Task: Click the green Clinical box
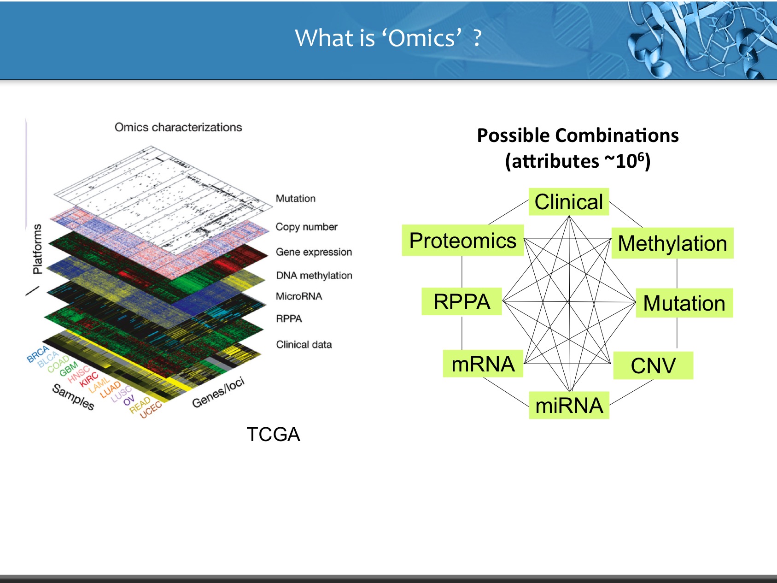[x=569, y=202]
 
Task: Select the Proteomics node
[x=463, y=240]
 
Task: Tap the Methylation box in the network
[x=672, y=243]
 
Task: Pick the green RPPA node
[x=462, y=301]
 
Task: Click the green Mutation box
[x=684, y=303]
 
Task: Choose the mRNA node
[x=483, y=364]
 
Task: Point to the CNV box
[x=653, y=365]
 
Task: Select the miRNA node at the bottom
[x=569, y=405]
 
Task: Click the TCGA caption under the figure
[x=273, y=434]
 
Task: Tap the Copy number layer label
[x=306, y=227]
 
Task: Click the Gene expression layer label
[x=314, y=252]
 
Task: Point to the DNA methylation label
[x=314, y=275]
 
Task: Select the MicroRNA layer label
[x=299, y=296]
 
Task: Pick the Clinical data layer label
[x=304, y=344]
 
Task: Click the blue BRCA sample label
[x=38, y=354]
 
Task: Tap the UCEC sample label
[x=151, y=410]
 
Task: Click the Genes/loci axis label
[x=218, y=393]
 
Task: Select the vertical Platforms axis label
[x=37, y=249]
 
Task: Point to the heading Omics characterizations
[x=178, y=127]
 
